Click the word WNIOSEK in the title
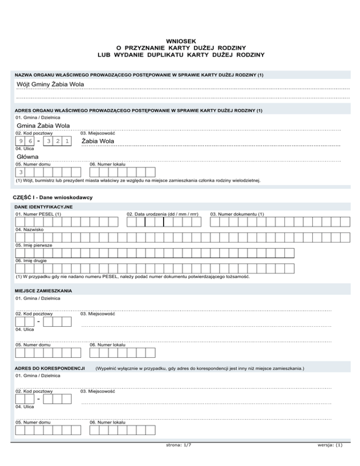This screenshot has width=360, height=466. [x=180, y=41]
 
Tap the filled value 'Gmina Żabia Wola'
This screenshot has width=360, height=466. [x=43, y=126]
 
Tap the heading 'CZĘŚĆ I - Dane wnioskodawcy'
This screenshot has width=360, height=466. [x=52, y=197]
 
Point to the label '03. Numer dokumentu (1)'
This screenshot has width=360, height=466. [x=237, y=214]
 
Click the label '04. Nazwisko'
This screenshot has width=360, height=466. [x=30, y=230]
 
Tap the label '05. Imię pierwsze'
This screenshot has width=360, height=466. [x=34, y=245]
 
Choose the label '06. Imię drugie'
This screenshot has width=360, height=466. [x=31, y=261]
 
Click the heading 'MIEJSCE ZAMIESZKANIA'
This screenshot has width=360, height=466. [x=43, y=291]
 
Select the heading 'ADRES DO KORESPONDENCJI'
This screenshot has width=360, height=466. [x=49, y=368]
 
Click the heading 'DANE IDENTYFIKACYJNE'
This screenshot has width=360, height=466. [x=43, y=206]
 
